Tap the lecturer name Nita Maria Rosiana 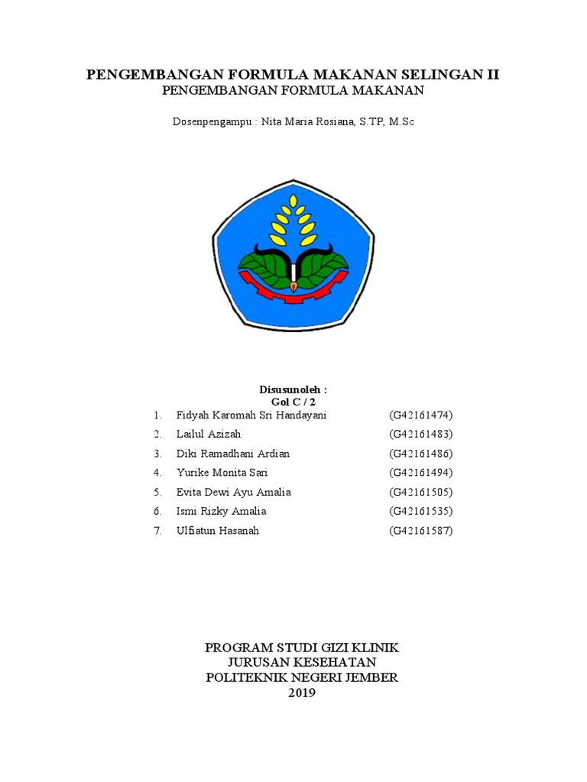(306, 121)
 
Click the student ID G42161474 (421, 415)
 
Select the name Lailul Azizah (208, 434)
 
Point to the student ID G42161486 (421, 454)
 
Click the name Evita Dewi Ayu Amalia (233, 492)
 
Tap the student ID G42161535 (421, 511)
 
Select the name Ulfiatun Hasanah (218, 530)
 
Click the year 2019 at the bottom (301, 693)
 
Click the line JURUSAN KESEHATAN (302, 662)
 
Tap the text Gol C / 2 (293, 401)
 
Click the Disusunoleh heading (293, 389)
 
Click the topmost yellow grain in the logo (293, 202)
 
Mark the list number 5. (157, 492)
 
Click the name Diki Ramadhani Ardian (233, 454)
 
